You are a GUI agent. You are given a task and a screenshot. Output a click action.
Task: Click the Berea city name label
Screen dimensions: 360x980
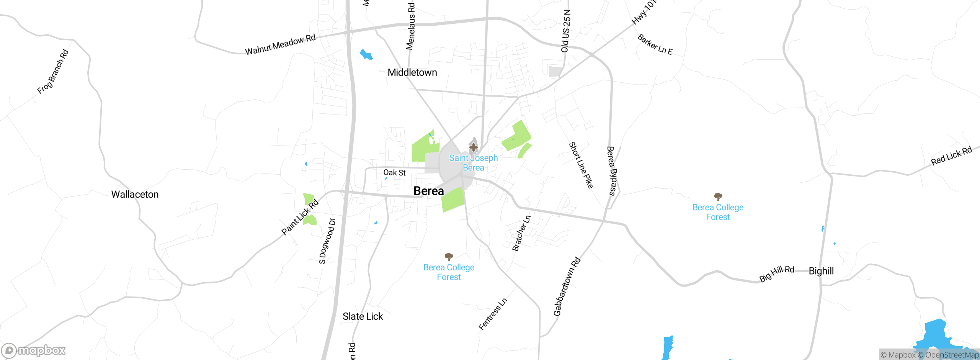[x=428, y=191]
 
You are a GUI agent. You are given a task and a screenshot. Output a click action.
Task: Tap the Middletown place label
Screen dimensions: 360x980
[x=412, y=72]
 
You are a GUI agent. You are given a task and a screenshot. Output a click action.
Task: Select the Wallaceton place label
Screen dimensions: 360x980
[x=135, y=194]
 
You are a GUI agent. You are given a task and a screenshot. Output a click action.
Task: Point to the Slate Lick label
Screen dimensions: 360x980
[x=363, y=316]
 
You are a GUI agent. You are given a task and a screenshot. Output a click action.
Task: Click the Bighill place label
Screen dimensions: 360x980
[x=821, y=271]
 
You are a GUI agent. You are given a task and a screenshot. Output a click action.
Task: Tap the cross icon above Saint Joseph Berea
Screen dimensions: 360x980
[x=473, y=147]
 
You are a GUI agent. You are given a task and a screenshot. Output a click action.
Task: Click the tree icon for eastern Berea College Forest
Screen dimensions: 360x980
[x=718, y=197]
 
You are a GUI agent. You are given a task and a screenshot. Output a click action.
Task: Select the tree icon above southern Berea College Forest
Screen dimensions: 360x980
[x=449, y=257]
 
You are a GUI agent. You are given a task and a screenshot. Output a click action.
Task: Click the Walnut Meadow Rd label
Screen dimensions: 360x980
[x=280, y=45]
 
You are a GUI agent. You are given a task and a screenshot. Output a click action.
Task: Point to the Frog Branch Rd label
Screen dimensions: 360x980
[x=53, y=72]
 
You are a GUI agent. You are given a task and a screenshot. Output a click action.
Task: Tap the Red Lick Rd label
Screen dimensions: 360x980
[x=951, y=155]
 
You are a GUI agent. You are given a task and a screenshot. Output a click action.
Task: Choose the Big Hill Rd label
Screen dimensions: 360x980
[x=777, y=273]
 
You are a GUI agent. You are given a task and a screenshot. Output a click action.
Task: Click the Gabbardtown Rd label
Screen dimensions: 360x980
[x=567, y=286]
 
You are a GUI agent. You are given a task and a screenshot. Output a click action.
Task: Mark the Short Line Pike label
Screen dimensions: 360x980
[x=581, y=165]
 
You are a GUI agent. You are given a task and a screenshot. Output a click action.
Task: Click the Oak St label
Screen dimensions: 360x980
[x=394, y=173]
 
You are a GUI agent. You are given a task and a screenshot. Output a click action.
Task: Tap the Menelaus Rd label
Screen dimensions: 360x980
[x=410, y=26]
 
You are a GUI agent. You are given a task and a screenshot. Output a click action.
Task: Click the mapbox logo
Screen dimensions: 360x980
[x=34, y=350]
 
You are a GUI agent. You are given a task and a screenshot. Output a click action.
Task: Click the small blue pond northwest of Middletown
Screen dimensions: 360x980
[x=366, y=55]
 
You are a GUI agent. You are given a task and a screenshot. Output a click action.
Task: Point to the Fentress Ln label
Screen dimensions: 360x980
[x=493, y=314]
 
